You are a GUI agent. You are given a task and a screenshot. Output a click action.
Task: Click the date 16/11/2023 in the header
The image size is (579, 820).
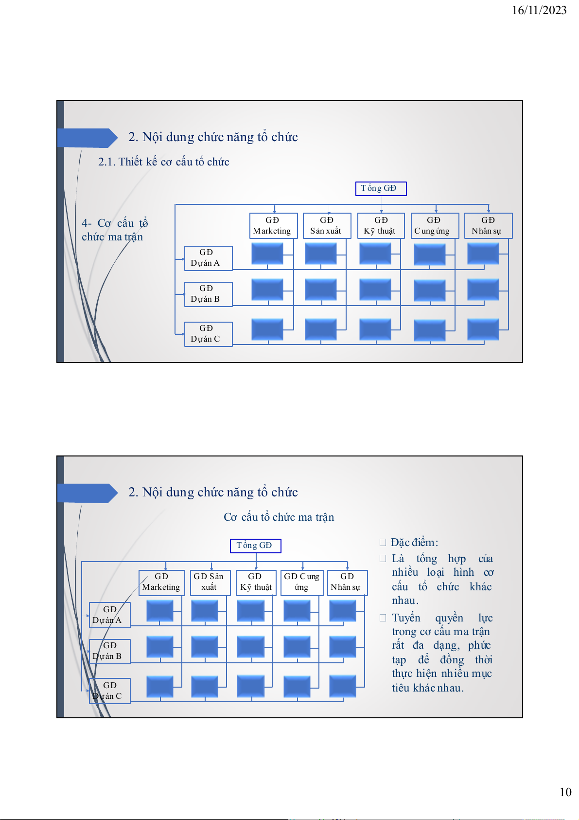(x=539, y=10)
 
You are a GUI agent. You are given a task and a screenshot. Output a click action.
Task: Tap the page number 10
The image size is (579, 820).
(x=565, y=792)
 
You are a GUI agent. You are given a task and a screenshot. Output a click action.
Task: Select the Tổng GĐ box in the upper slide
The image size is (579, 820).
(x=381, y=188)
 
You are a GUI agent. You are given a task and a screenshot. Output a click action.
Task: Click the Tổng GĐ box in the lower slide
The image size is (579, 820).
(x=256, y=546)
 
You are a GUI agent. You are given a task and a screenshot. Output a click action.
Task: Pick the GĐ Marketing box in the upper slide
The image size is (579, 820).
(x=273, y=226)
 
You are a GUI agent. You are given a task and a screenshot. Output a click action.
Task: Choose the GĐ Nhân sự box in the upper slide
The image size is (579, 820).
(x=488, y=226)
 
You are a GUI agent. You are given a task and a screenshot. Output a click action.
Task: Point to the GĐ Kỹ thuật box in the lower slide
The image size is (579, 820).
(x=256, y=583)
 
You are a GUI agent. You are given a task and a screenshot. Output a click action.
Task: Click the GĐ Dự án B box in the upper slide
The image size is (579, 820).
(x=208, y=294)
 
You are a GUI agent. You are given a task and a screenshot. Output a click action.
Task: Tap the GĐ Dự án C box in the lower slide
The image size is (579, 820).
(x=110, y=691)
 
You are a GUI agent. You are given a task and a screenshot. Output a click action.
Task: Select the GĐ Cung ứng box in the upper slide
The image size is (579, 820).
(x=435, y=226)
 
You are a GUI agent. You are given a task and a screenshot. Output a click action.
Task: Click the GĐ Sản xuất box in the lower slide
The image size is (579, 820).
(x=211, y=583)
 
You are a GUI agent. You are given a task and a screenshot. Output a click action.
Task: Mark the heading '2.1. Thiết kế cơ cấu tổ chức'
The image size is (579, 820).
(x=163, y=162)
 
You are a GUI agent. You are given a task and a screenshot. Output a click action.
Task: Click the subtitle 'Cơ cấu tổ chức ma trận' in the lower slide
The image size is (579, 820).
(x=279, y=517)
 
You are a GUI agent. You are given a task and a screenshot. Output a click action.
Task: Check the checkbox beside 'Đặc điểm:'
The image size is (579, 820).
(x=383, y=542)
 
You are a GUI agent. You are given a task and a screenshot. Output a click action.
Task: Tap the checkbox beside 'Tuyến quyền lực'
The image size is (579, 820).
(x=383, y=618)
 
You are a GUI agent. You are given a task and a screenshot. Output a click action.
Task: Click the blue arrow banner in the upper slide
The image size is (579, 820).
(x=88, y=138)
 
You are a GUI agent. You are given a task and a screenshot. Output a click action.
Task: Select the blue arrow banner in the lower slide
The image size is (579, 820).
(x=88, y=493)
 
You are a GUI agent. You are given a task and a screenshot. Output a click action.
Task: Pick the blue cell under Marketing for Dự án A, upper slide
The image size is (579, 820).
(x=267, y=254)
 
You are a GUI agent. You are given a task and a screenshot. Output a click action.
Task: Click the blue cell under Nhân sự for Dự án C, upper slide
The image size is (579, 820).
(x=483, y=329)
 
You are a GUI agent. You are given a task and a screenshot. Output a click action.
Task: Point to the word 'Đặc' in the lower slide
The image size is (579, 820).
(x=399, y=542)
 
